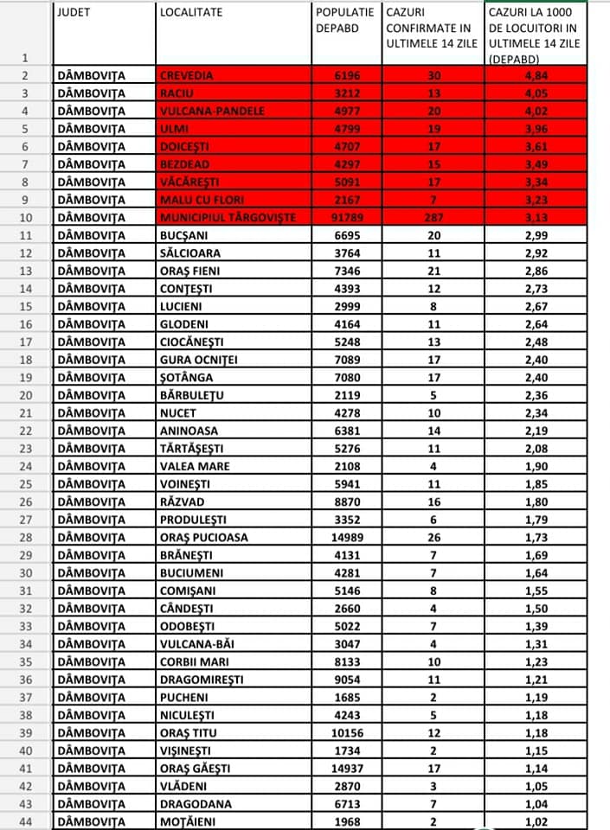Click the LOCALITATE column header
[x=191, y=12]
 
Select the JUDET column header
[x=74, y=12]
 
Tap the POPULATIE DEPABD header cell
[x=344, y=21]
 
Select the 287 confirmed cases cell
[x=433, y=218]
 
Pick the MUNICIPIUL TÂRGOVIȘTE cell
[x=228, y=218]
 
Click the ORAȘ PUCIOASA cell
[x=203, y=537]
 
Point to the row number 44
[x=26, y=821]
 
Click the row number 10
[x=26, y=218]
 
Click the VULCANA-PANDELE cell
[x=212, y=111]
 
